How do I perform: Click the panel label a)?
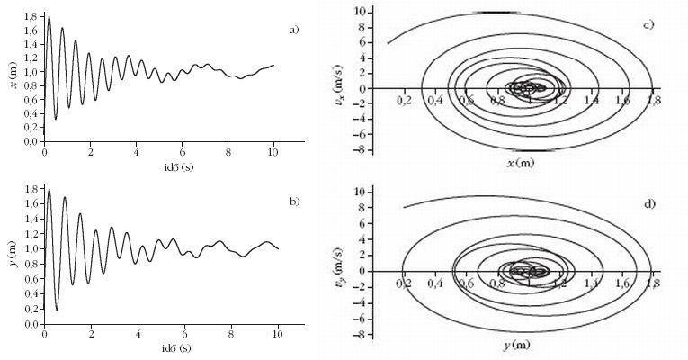click(293, 30)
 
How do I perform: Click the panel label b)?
click(294, 202)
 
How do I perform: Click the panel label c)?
click(648, 24)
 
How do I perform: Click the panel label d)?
click(649, 203)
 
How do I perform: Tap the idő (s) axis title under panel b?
click(177, 348)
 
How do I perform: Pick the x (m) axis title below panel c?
click(521, 163)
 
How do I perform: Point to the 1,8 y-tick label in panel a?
click(32, 16)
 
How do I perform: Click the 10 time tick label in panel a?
click(273, 152)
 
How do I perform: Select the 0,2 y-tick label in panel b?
click(32, 309)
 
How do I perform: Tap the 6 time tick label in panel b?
click(184, 334)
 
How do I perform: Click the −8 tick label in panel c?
click(363, 150)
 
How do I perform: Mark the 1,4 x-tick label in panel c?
click(592, 100)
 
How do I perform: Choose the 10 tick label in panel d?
click(362, 192)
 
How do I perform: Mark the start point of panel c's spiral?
click(388, 43)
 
